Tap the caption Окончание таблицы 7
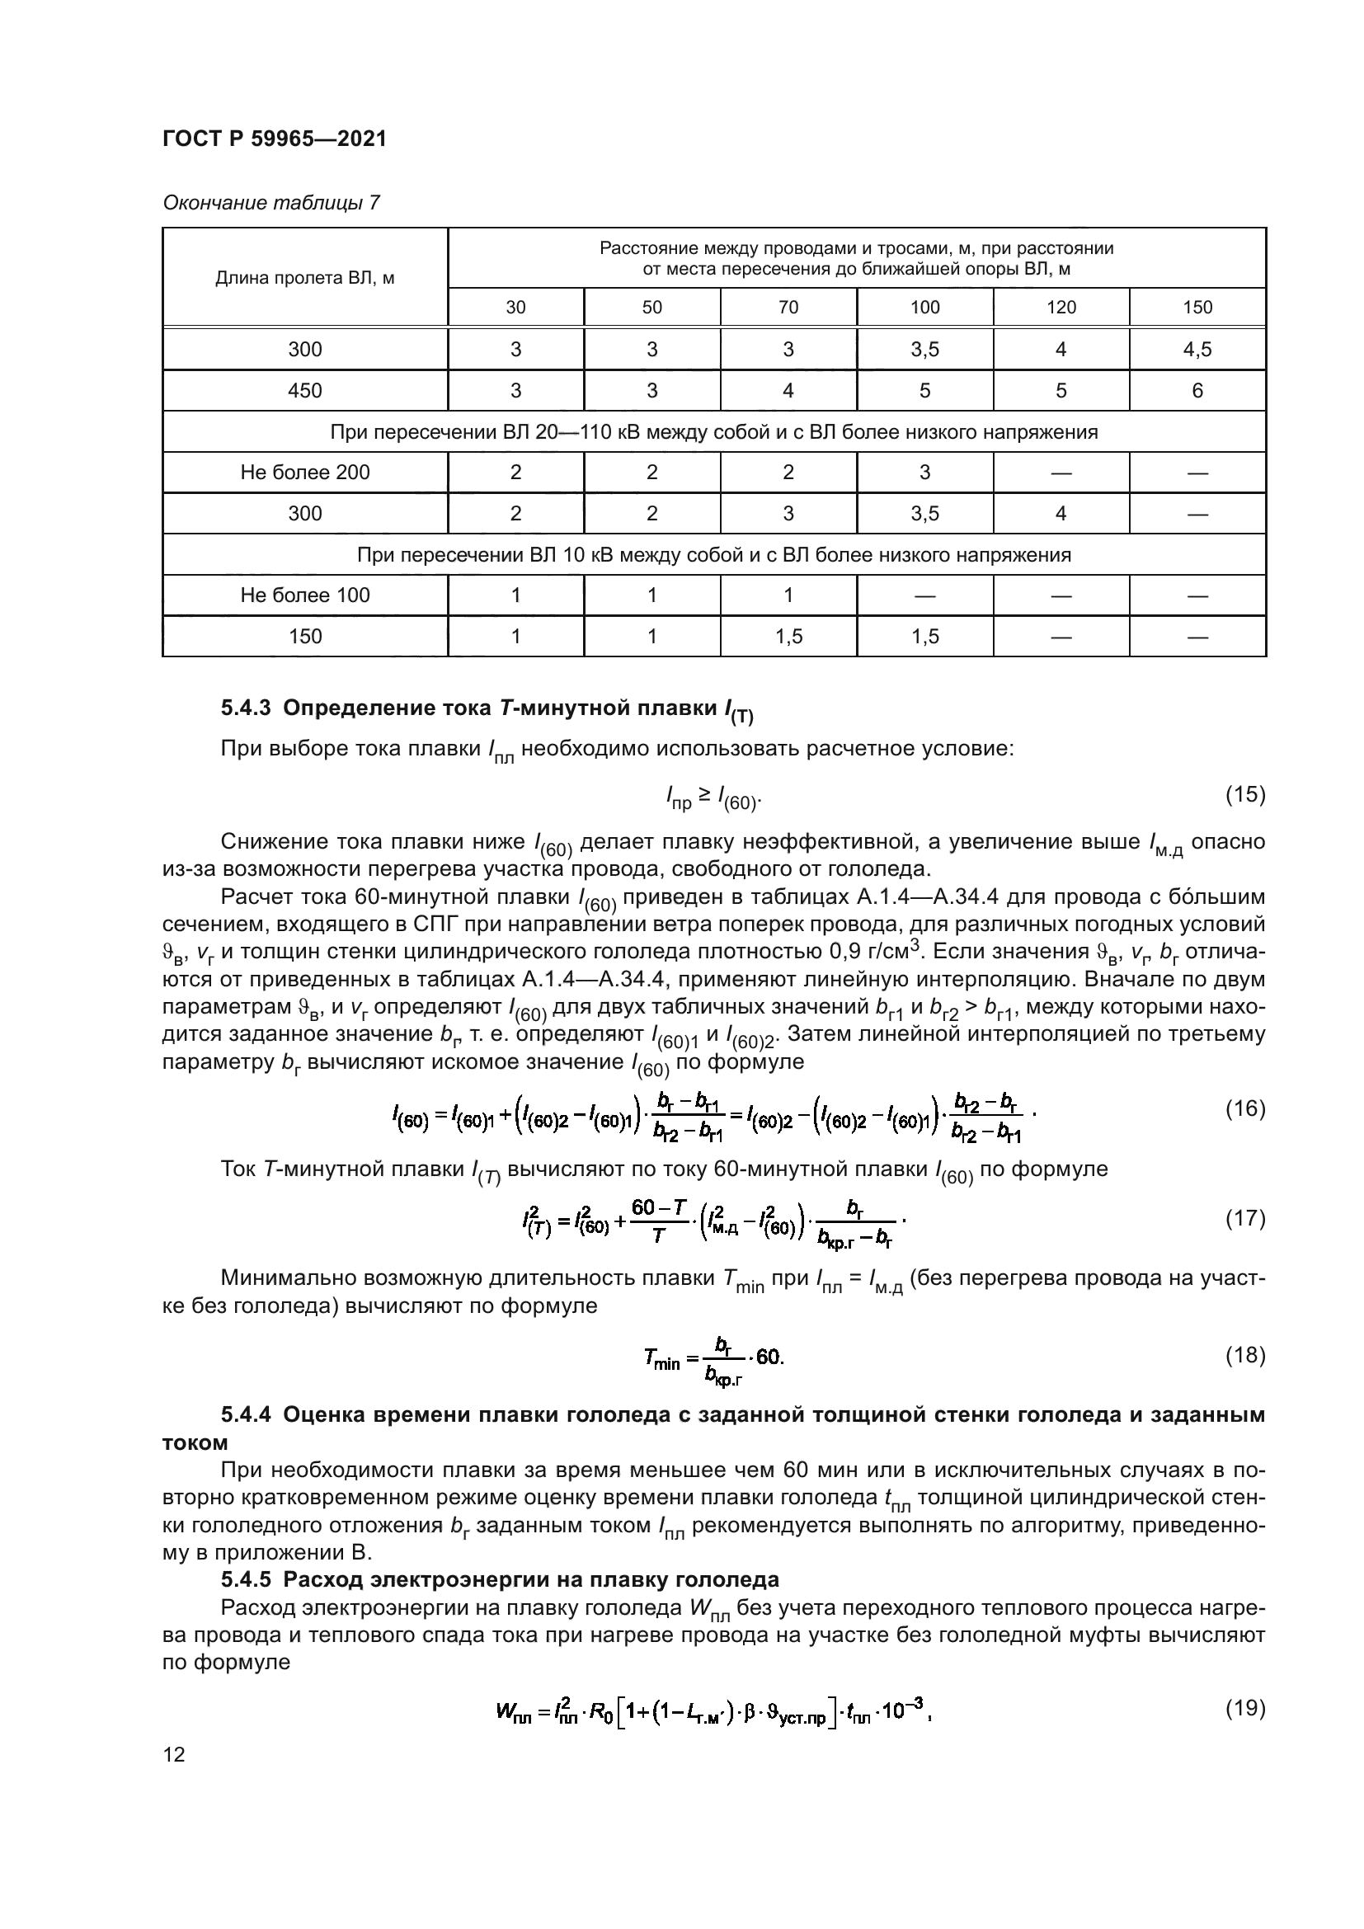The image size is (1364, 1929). pos(270,203)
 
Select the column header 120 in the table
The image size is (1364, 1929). pos(1061,308)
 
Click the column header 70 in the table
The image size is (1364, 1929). pos(788,308)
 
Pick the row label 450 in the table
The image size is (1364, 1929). pos(305,391)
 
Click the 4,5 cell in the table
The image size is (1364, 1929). pos(1197,350)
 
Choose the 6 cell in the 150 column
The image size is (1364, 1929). pos(1197,391)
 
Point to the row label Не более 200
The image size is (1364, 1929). pos(305,473)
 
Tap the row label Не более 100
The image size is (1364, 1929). pos(305,595)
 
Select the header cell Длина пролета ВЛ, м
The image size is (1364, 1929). pos(305,278)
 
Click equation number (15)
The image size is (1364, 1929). pos(1244,795)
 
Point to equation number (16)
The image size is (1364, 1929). pos(1244,1109)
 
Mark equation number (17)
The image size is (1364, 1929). pos(1244,1218)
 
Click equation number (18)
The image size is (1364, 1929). pos(1244,1355)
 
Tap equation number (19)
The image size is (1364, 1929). pos(1244,1708)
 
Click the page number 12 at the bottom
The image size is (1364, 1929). pos(174,1754)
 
